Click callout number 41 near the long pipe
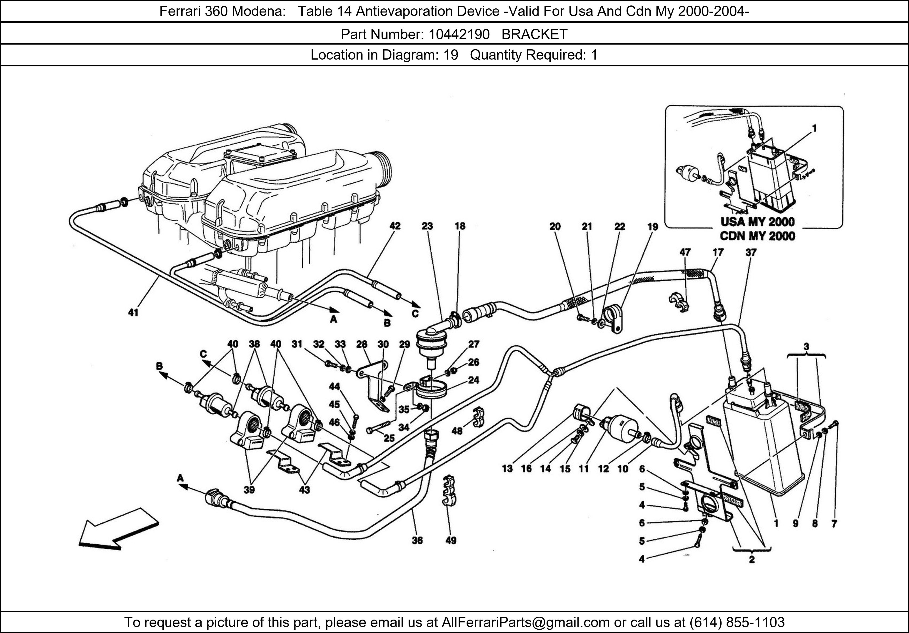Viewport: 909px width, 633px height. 133,313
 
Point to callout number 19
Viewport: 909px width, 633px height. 652,227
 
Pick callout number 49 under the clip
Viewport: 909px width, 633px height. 451,540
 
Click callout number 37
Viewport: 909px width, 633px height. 751,252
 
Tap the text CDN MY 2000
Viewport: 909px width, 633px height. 757,236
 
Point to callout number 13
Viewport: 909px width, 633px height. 507,469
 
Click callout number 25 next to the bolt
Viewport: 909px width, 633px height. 389,438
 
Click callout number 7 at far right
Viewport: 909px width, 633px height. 834,524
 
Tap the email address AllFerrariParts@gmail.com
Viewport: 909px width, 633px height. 525,622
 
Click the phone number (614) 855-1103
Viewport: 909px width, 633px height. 737,622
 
